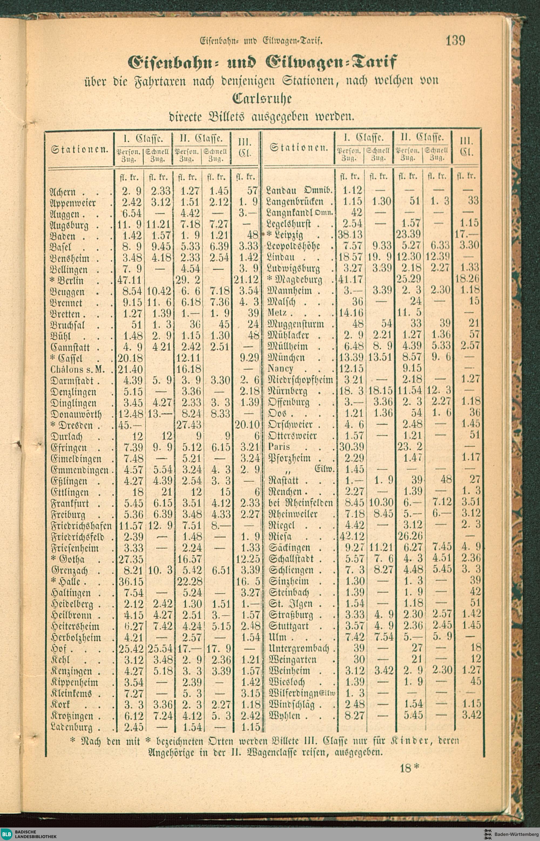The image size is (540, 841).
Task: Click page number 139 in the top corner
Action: [x=455, y=41]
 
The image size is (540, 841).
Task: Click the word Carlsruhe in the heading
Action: [x=262, y=99]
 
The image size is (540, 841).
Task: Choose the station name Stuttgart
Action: [x=289, y=626]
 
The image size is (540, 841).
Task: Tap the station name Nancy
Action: [x=280, y=369]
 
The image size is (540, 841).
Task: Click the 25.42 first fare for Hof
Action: [x=130, y=649]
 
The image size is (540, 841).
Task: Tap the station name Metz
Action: [x=277, y=313]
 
